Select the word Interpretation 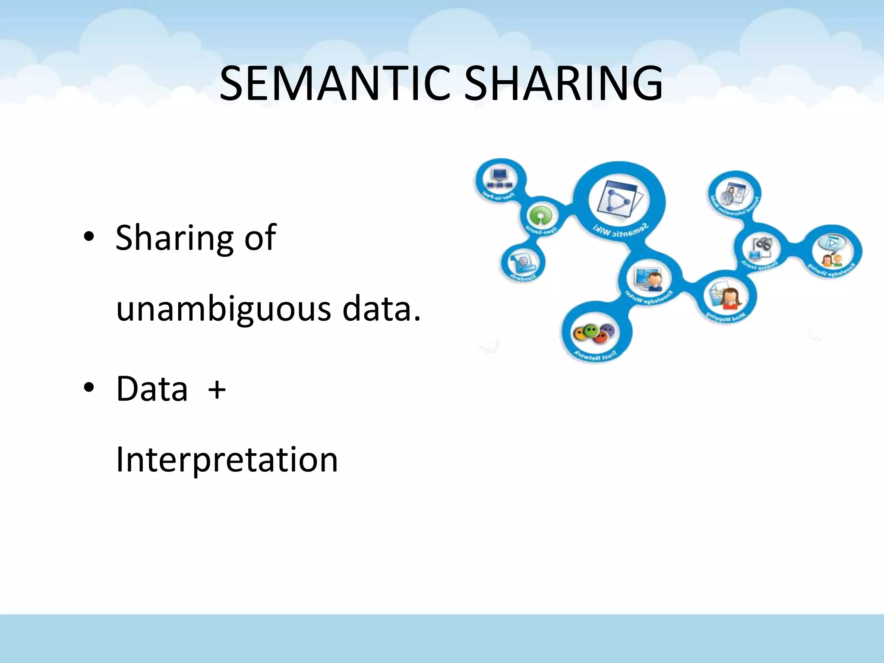point(227,459)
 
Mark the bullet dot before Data point(89,388)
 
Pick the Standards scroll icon point(524,261)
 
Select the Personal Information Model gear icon point(734,192)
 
